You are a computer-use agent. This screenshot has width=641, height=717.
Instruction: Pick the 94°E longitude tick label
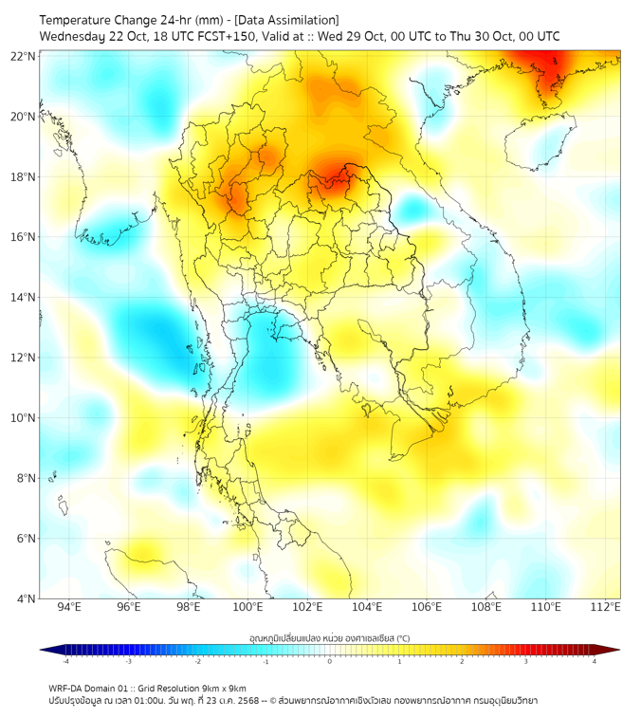tap(69, 607)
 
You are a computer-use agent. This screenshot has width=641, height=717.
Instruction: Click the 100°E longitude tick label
tap(247, 607)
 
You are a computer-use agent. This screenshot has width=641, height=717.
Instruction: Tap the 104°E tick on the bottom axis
tap(367, 607)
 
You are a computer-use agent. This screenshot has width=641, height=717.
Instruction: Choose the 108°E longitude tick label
tap(486, 607)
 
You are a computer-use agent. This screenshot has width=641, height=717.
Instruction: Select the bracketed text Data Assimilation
tap(285, 20)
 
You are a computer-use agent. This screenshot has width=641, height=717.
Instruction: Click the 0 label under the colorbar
tap(330, 662)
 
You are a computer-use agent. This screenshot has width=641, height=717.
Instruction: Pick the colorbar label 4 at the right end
tap(595, 662)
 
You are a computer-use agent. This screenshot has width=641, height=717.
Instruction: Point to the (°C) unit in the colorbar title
tap(402, 638)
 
